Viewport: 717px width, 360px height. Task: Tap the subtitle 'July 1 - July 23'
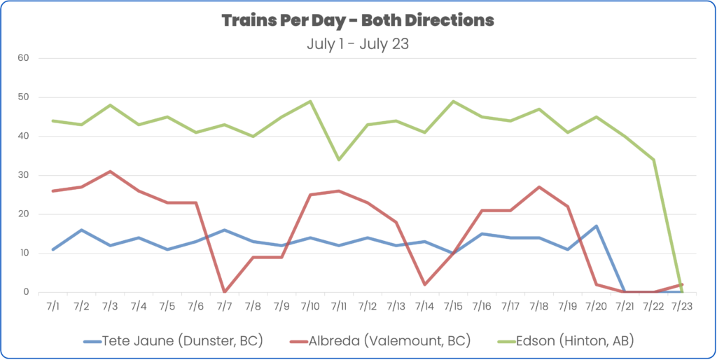pyautogui.click(x=358, y=43)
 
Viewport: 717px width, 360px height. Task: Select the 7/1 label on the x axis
pyautogui.click(x=53, y=306)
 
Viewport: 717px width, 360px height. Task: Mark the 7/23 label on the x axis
pyautogui.click(x=682, y=306)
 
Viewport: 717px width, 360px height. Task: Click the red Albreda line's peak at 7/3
pyautogui.click(x=110, y=172)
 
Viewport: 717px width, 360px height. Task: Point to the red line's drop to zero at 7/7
pyautogui.click(x=223, y=291)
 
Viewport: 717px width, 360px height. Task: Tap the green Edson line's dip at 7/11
pyautogui.click(x=338, y=160)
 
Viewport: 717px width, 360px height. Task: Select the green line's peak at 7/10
pyautogui.click(x=309, y=102)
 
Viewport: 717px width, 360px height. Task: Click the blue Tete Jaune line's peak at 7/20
pyautogui.click(x=596, y=226)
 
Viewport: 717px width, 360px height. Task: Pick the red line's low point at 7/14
pyautogui.click(x=424, y=284)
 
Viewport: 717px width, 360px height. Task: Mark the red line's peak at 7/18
pyautogui.click(x=538, y=187)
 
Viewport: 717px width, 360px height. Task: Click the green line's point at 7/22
pyautogui.click(x=653, y=160)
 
